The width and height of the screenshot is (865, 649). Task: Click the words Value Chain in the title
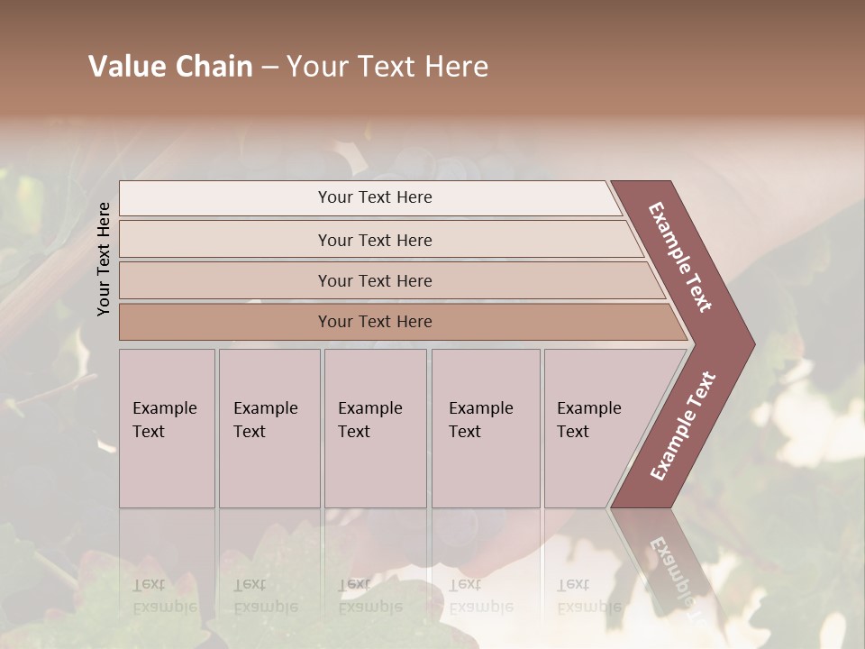click(170, 67)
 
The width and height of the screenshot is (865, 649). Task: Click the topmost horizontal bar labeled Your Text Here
click(375, 197)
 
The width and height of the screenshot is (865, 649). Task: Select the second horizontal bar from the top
click(375, 240)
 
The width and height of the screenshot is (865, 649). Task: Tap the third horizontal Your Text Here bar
click(375, 281)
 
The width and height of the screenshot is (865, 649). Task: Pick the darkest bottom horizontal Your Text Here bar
click(375, 322)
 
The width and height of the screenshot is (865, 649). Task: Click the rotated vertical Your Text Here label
click(104, 259)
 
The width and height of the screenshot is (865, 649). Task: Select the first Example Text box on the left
click(167, 428)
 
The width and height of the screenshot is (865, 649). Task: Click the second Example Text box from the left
click(269, 428)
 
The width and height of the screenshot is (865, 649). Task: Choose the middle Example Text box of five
click(374, 428)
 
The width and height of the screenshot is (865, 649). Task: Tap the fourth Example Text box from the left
click(485, 428)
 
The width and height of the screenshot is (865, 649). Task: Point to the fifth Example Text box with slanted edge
click(595, 428)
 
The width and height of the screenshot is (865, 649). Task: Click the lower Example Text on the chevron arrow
click(683, 425)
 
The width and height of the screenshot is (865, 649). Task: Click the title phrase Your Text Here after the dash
click(387, 67)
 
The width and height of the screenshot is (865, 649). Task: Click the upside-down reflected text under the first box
click(165, 596)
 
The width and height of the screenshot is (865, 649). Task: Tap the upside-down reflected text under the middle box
click(369, 596)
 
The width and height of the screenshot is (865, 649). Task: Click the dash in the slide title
click(269, 68)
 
